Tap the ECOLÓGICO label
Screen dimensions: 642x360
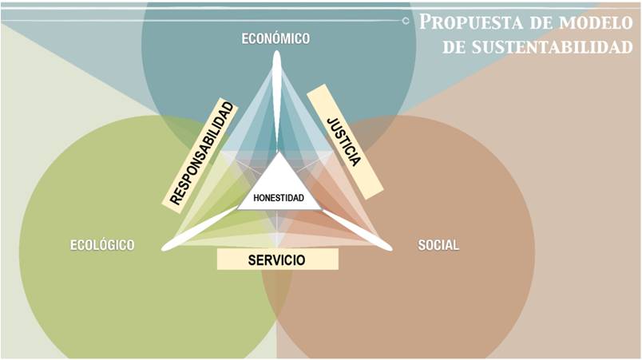click(101, 245)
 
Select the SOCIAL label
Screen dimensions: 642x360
click(438, 245)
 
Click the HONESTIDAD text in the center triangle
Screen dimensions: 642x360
click(278, 197)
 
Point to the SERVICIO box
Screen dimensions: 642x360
click(277, 259)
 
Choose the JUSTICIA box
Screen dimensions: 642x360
click(344, 140)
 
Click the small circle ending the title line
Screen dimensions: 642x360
click(406, 20)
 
